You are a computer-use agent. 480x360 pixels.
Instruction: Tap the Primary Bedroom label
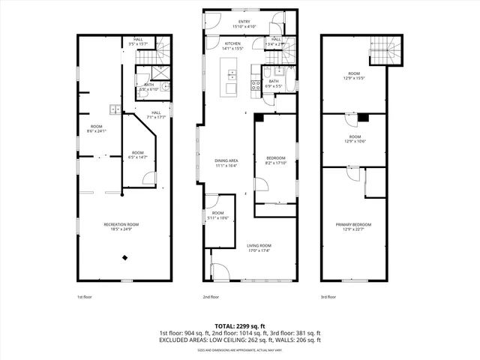[358, 224]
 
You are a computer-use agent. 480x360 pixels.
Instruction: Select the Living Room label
[259, 245]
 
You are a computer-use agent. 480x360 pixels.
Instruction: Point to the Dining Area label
[227, 160]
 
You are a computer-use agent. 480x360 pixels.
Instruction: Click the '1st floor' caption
[85, 296]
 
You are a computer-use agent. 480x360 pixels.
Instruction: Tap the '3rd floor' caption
[328, 296]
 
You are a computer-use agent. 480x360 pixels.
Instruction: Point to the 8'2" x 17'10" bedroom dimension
[276, 162]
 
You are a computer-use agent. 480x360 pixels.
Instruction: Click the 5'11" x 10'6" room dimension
[218, 217]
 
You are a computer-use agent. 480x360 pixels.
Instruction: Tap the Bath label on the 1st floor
[149, 85]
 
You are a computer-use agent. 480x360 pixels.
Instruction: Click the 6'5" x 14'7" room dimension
[137, 156]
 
